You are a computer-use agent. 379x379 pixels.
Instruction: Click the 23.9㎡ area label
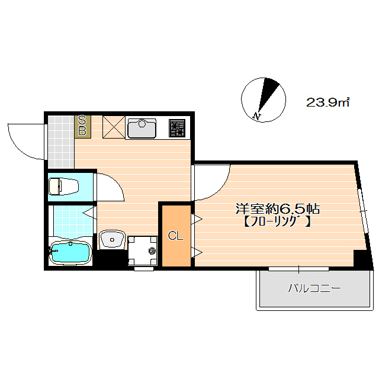(x=327, y=102)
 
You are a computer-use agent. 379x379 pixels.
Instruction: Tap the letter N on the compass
(x=256, y=117)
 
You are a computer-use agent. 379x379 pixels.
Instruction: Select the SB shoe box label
(x=82, y=127)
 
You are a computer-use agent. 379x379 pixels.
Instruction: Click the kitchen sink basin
(x=142, y=129)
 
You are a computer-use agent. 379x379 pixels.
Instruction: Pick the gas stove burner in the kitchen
(x=177, y=129)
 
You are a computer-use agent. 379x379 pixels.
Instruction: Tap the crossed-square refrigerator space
(x=114, y=127)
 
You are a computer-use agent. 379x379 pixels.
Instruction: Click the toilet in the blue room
(x=64, y=186)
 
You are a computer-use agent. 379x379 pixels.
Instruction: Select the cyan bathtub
(x=70, y=253)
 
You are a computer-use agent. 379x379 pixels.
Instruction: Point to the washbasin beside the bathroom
(x=112, y=239)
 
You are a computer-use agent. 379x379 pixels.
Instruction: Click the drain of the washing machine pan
(x=152, y=251)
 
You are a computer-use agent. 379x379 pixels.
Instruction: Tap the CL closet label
(x=175, y=236)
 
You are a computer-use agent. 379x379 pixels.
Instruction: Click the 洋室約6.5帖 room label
(x=278, y=209)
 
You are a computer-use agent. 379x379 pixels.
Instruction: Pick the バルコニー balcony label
(x=314, y=288)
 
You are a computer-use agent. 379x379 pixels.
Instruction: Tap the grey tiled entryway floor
(x=61, y=142)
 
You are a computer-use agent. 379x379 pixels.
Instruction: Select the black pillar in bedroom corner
(x=359, y=258)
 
